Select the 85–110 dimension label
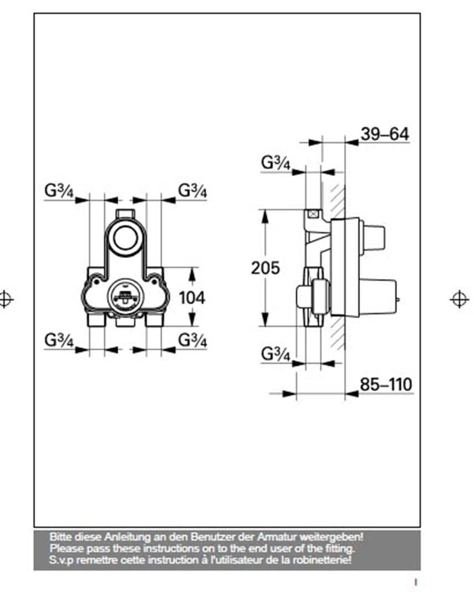tap(386, 384)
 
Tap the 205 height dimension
tap(266, 268)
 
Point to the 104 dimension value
tap(192, 297)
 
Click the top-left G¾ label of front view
tap(59, 191)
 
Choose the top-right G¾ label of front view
tap(192, 191)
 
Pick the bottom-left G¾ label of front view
tap(59, 341)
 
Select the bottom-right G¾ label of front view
tap(192, 340)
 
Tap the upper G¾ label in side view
tap(276, 162)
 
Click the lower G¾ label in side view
tap(276, 355)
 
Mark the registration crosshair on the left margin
tap(6, 299)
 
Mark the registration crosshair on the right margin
tap(458, 299)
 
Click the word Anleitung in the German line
tap(119, 537)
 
